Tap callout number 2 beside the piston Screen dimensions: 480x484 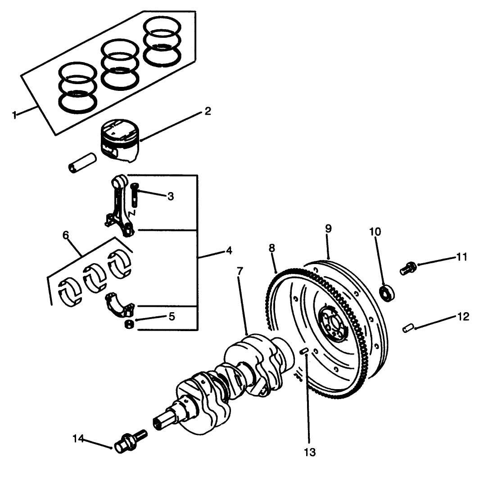(207, 111)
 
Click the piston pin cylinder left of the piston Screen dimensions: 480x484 (82, 162)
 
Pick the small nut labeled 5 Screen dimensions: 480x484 (128, 324)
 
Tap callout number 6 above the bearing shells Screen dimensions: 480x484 (66, 235)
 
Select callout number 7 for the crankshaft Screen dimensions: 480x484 (240, 271)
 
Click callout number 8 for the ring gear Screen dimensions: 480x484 (272, 248)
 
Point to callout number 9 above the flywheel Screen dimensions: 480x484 (328, 228)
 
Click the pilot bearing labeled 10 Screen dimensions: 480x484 (386, 293)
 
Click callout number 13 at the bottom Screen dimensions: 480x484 (309, 452)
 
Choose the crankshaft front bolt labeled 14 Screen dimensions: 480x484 (131, 440)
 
